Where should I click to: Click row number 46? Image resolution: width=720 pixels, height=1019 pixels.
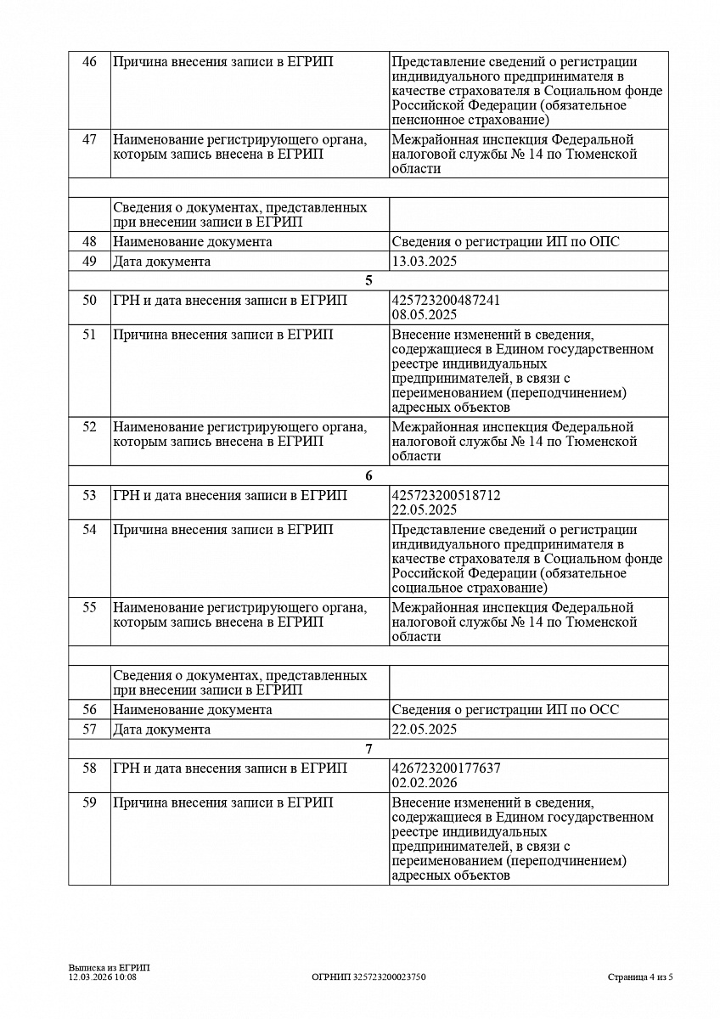coord(89,62)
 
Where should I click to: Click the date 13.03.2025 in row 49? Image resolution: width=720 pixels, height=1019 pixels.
coord(425,262)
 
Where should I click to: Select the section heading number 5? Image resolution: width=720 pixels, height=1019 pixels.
coord(368,281)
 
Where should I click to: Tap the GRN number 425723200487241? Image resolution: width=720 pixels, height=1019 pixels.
coord(446,300)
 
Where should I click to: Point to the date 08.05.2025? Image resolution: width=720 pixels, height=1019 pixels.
coord(425,314)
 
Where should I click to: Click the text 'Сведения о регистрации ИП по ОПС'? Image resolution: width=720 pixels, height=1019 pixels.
coord(506,242)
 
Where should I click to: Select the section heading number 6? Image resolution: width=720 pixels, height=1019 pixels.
coord(368,476)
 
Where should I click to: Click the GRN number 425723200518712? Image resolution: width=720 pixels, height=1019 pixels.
coord(446,495)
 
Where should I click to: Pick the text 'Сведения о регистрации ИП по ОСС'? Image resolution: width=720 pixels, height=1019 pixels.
coord(505,710)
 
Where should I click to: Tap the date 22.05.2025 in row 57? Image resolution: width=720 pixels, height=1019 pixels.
coord(425,729)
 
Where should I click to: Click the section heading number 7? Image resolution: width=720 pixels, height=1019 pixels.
coord(368,749)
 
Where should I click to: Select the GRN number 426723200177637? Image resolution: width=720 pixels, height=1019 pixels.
coord(446,768)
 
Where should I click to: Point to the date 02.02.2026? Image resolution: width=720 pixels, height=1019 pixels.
coord(425,783)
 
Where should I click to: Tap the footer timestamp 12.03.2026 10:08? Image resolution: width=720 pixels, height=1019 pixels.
coord(103,977)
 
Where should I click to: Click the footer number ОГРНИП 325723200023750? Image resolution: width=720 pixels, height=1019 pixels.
coord(368,977)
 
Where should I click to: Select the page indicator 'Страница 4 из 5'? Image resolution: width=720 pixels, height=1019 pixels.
coord(640,977)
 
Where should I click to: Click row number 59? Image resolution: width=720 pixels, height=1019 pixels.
coord(89,802)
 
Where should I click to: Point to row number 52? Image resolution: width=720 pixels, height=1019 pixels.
coord(89,427)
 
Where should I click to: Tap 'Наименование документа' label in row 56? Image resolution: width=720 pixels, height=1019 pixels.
coord(193,710)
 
